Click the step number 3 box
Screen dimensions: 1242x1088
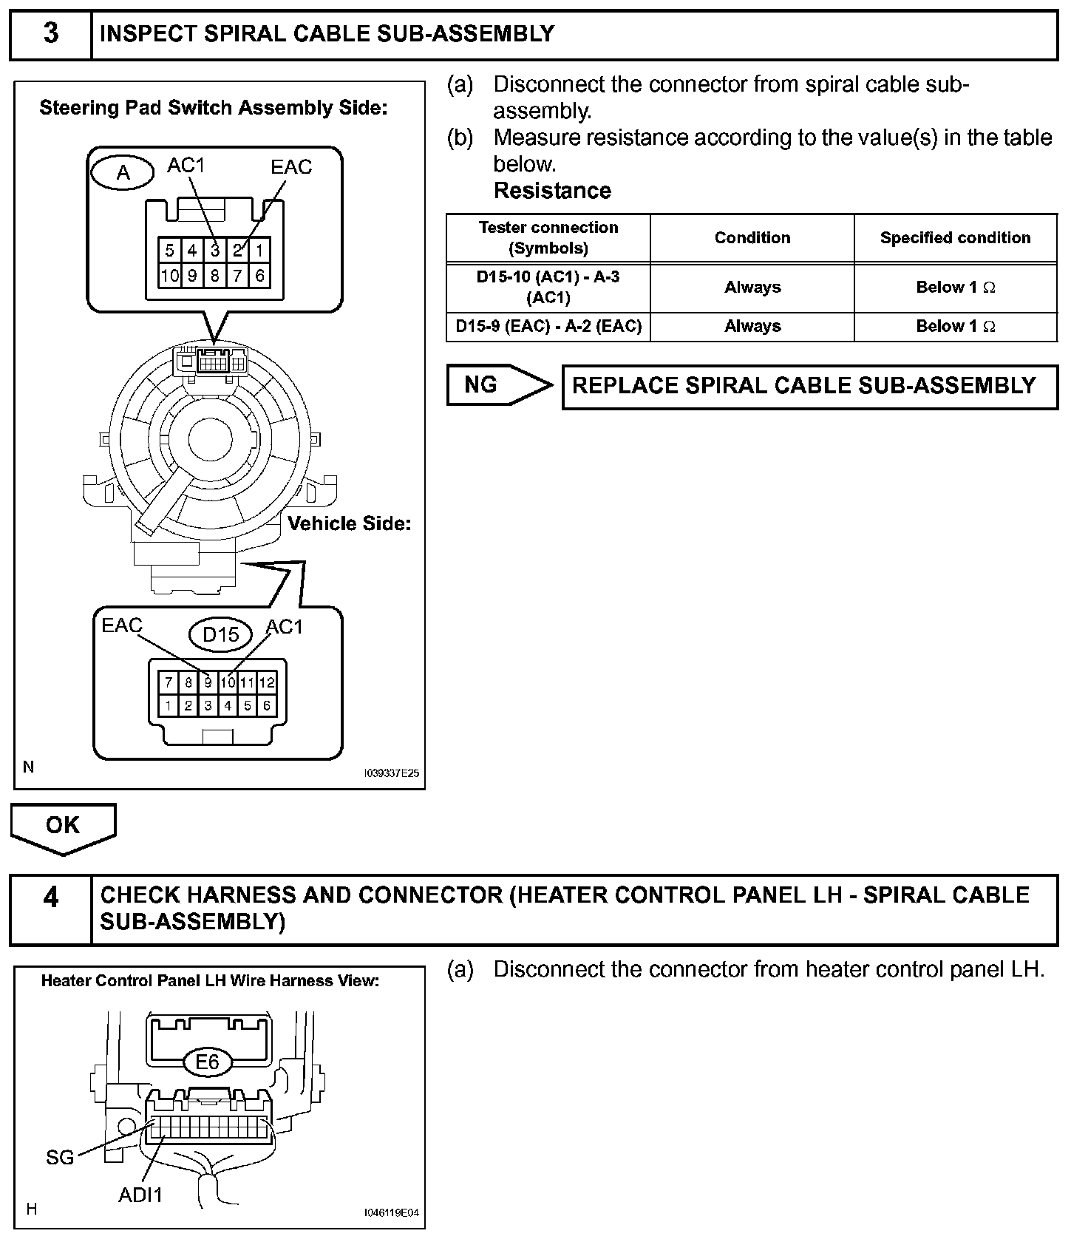coord(50,34)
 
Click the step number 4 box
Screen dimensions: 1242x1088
coord(50,909)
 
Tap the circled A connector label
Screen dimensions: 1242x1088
coord(123,173)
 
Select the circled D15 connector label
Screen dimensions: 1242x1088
coord(221,634)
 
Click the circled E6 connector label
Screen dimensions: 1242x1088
coord(208,1062)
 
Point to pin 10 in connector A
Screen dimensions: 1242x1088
coord(169,276)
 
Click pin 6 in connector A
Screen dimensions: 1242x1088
coord(259,276)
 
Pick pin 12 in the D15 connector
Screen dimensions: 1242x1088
coord(267,682)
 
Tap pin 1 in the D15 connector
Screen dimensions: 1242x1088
coord(169,705)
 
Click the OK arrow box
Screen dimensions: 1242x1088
coord(63,827)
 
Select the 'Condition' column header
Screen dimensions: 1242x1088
coord(752,238)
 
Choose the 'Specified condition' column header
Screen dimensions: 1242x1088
coord(955,238)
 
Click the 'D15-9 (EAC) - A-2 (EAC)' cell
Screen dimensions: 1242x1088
coord(548,326)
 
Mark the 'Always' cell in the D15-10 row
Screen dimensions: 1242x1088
coord(752,288)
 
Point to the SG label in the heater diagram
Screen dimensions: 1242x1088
coord(60,1157)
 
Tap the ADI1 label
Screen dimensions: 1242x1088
coord(140,1194)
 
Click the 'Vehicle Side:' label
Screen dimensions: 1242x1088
coord(349,523)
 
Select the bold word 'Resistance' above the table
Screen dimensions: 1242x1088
coord(552,191)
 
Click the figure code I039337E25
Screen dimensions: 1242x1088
coord(391,773)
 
